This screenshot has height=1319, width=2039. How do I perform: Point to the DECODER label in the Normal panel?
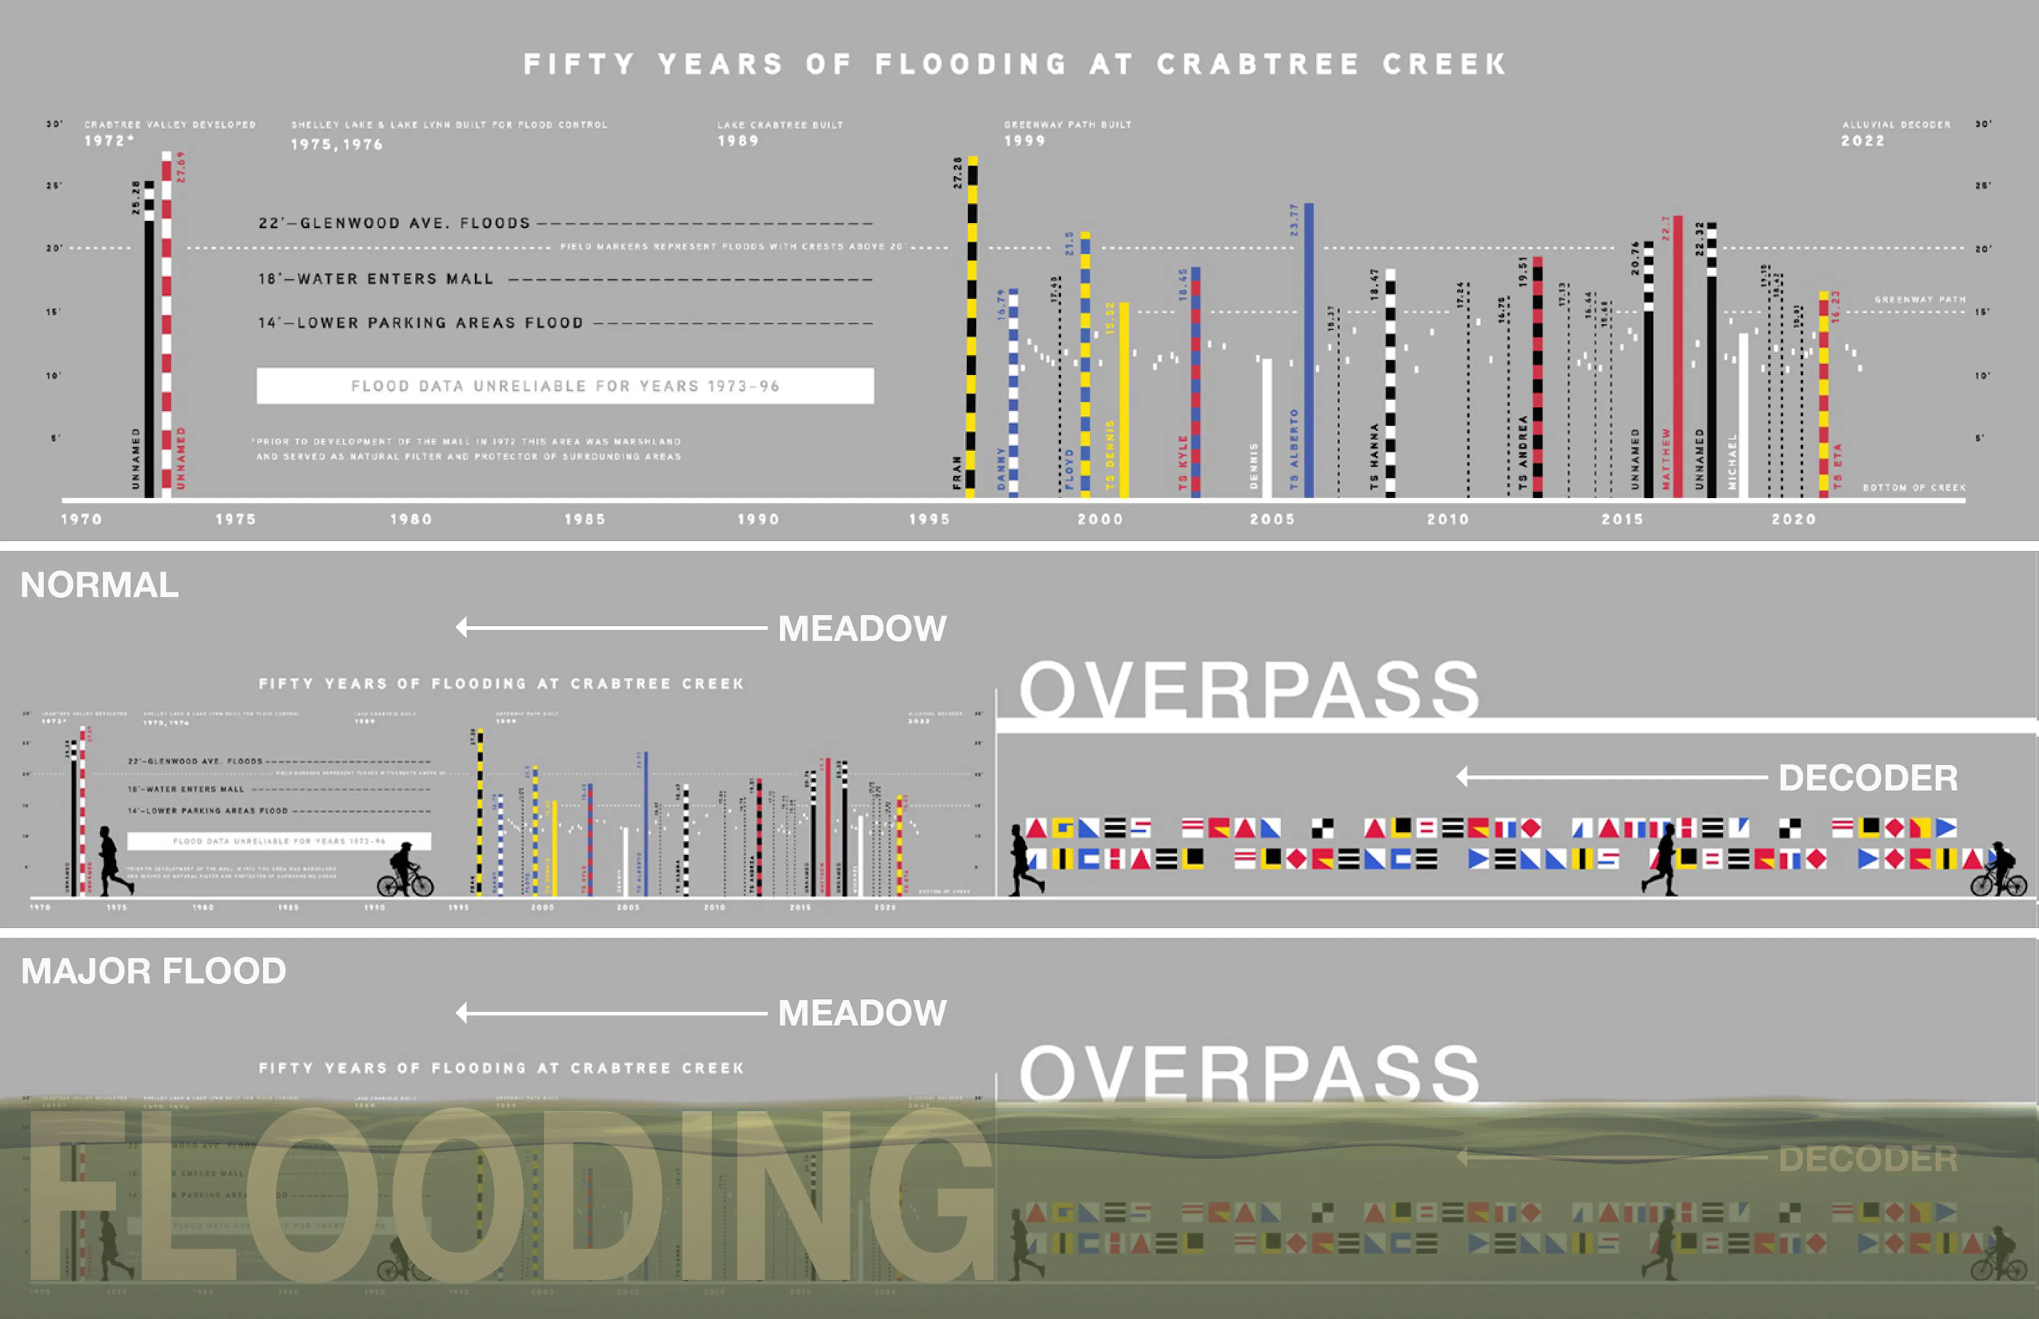click(x=1867, y=778)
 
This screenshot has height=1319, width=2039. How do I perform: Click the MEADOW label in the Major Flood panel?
click(x=862, y=1013)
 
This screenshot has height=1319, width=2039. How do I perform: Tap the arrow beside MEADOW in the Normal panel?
click(x=611, y=628)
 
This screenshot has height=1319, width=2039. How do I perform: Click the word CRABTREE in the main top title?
click(x=1258, y=64)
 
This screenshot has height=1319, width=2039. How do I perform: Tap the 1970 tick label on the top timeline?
click(x=81, y=519)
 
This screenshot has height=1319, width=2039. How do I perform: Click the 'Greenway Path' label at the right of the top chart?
click(x=1920, y=300)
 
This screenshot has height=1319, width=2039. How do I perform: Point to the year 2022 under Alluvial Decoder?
click(x=1863, y=141)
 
